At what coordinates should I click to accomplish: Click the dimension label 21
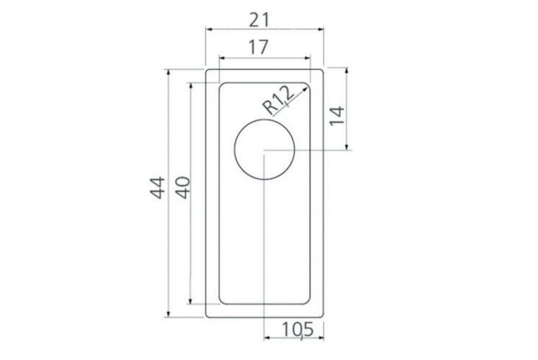pyautogui.click(x=259, y=20)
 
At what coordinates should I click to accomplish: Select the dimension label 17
pyautogui.click(x=258, y=47)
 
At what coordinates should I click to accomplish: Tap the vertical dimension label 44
pyautogui.click(x=157, y=187)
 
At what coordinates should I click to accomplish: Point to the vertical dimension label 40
pyautogui.click(x=183, y=187)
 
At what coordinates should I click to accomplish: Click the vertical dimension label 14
pyautogui.click(x=337, y=116)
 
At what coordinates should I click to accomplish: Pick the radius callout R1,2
pyautogui.click(x=279, y=100)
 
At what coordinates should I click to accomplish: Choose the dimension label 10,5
pyautogui.click(x=298, y=330)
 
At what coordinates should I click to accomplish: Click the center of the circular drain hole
pyautogui.click(x=264, y=149)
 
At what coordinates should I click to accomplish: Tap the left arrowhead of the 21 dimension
pyautogui.click(x=209, y=30)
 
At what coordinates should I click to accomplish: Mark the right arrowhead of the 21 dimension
pyautogui.click(x=321, y=30)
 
